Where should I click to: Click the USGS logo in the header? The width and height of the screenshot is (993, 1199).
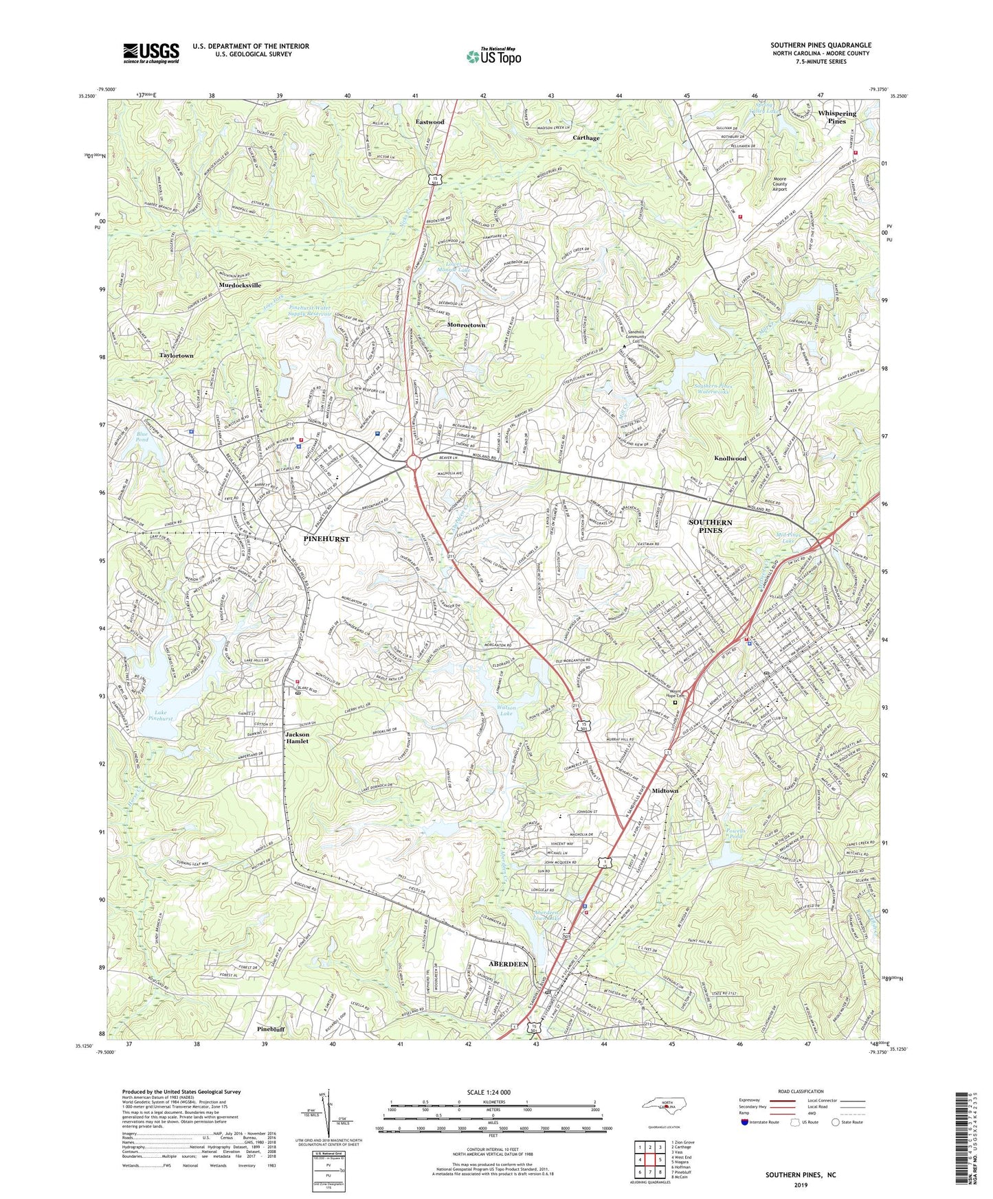151,52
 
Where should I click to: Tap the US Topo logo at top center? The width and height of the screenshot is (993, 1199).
493,56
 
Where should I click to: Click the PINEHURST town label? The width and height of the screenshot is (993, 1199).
326,539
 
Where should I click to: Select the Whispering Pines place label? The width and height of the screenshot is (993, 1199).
836,117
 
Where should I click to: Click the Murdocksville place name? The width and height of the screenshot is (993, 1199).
240,285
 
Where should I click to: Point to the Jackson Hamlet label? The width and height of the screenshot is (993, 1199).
297,738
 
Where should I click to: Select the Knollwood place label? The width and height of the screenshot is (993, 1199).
730,458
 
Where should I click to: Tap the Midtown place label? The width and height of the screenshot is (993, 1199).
665,790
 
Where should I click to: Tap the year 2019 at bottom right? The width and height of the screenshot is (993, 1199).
800,1185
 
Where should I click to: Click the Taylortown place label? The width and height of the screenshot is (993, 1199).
176,356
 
